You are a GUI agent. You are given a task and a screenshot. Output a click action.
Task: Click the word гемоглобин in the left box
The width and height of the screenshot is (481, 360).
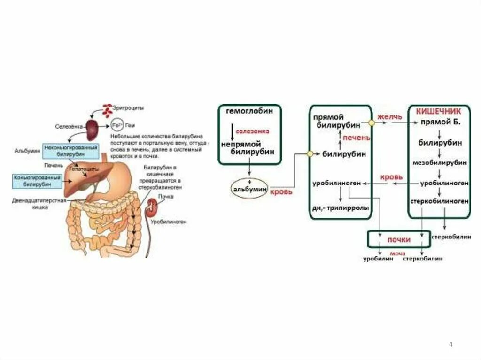(x=249, y=112)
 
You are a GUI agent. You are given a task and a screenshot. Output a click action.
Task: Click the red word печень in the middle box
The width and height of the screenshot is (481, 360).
(x=356, y=138)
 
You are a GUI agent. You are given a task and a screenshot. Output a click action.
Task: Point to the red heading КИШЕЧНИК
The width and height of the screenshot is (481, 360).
(x=439, y=111)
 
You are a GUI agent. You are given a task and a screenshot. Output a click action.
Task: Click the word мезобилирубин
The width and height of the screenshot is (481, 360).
(x=440, y=162)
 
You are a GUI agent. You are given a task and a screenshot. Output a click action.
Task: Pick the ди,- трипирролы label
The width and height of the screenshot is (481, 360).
(x=341, y=208)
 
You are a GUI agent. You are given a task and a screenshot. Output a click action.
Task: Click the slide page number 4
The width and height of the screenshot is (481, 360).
(x=451, y=345)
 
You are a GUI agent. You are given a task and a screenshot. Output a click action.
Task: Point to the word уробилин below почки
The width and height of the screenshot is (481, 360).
(x=377, y=259)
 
